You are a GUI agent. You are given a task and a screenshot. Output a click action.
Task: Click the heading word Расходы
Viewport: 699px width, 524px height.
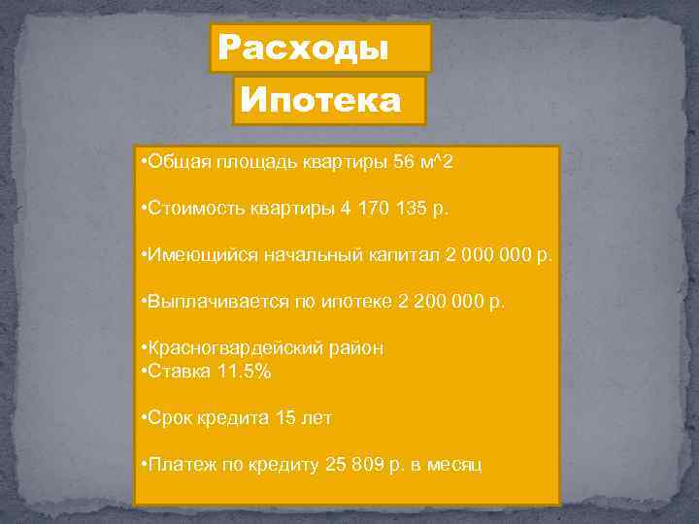point(303,48)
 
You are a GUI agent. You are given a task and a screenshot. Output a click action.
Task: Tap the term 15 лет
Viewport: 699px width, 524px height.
point(305,417)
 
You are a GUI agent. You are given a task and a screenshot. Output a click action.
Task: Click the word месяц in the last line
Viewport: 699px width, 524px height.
point(453,464)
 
